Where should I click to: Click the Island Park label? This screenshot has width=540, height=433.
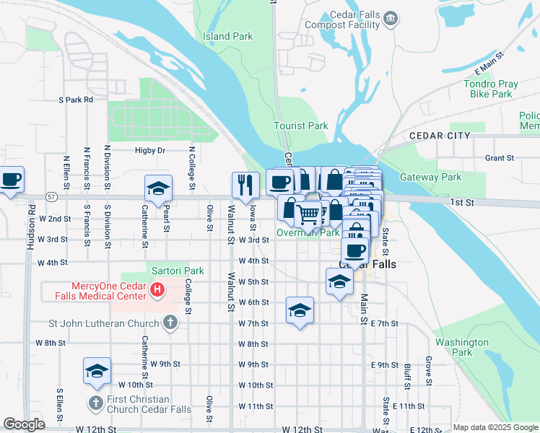pyautogui.click(x=227, y=36)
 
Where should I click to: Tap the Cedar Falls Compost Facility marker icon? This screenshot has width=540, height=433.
pyautogui.click(x=391, y=18)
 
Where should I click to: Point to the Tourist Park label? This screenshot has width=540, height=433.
pyautogui.click(x=300, y=126)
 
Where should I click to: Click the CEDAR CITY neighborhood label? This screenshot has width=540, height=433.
pyautogui.click(x=439, y=136)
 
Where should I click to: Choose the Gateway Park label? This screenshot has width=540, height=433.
pyautogui.click(x=430, y=177)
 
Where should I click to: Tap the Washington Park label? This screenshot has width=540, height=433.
pyautogui.click(x=462, y=347)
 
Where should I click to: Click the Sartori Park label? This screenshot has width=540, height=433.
pyautogui.click(x=178, y=271)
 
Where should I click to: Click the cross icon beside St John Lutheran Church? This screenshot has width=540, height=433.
pyautogui.click(x=170, y=323)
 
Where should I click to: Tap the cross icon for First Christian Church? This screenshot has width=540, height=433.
pyautogui.click(x=95, y=402)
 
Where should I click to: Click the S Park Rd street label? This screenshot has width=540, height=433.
pyautogui.click(x=76, y=100)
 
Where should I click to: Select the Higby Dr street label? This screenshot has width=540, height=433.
pyautogui.click(x=150, y=151)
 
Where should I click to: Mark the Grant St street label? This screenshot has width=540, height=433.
pyautogui.click(x=499, y=157)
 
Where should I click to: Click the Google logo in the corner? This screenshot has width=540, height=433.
pyautogui.click(x=24, y=424)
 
